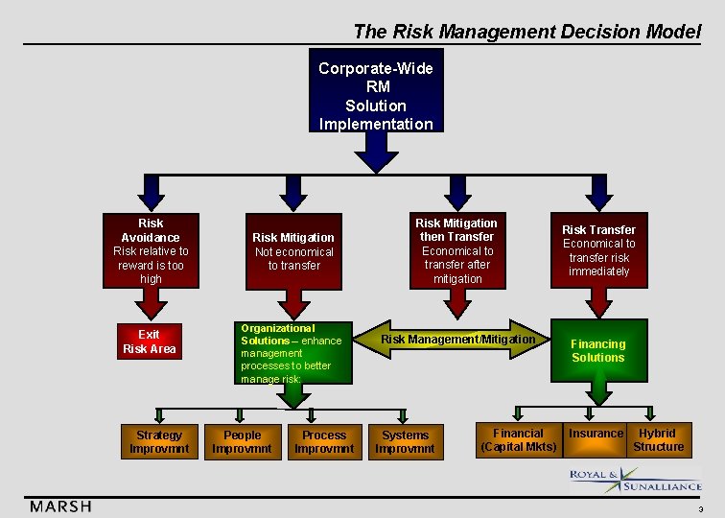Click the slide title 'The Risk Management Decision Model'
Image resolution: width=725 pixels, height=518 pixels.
[526, 31]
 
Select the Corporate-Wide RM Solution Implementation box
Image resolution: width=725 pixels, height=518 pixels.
[376, 96]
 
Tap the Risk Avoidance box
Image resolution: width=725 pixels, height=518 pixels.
[151, 250]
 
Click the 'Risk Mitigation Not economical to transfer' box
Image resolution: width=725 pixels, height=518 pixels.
[293, 251]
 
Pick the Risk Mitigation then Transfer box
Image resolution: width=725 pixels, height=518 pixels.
[456, 250]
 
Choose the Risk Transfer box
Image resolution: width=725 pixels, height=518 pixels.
[598, 250]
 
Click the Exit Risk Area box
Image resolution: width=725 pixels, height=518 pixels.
[150, 342]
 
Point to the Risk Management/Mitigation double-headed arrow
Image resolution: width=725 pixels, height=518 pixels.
[457, 340]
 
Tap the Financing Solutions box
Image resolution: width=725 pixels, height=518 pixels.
[598, 351]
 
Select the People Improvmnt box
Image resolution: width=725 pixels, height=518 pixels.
[242, 441]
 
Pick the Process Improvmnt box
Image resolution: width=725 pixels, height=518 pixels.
[324, 441]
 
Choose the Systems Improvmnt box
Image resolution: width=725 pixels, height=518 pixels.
[405, 441]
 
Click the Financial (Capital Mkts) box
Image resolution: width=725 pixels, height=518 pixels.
[518, 440]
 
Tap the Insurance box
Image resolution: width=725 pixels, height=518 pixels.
[596, 435]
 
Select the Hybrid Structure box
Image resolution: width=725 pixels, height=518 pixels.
[658, 440]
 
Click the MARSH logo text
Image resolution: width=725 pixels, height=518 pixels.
[60, 506]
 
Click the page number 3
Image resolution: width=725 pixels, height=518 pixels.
[700, 509]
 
